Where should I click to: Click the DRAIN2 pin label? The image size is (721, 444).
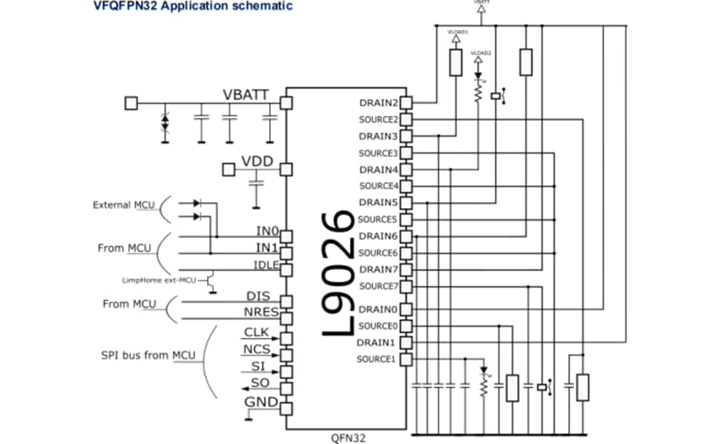click(379, 103)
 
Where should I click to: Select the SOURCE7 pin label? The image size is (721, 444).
click(378, 286)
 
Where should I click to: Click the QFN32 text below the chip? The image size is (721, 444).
click(347, 438)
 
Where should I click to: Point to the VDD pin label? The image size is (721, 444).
click(257, 162)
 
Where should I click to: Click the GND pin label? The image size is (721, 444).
click(261, 402)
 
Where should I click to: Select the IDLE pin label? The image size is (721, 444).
click(266, 264)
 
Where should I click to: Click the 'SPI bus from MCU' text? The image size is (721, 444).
click(144, 354)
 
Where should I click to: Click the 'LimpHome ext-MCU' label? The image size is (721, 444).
click(159, 280)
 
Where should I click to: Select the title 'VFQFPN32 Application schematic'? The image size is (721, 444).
click(193, 6)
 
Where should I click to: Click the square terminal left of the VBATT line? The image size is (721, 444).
click(132, 103)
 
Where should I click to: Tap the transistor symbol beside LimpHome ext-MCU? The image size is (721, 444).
click(211, 280)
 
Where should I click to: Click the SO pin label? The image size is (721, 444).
click(260, 382)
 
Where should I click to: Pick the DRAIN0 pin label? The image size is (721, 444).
click(379, 310)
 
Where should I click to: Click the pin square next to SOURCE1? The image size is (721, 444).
click(406, 359)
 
